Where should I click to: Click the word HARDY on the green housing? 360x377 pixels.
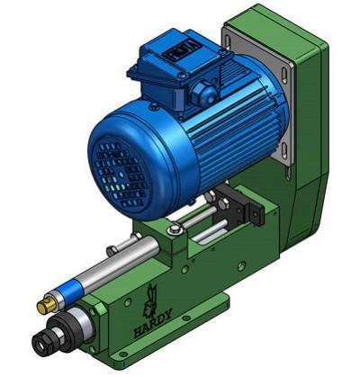(x=153, y=323)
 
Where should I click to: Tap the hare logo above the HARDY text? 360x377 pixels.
(x=151, y=299)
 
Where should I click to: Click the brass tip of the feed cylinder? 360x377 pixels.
(x=46, y=305)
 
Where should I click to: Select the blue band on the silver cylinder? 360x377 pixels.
(x=71, y=289)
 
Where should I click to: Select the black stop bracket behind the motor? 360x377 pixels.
(x=241, y=205)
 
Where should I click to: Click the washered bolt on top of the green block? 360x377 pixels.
(x=174, y=230)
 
